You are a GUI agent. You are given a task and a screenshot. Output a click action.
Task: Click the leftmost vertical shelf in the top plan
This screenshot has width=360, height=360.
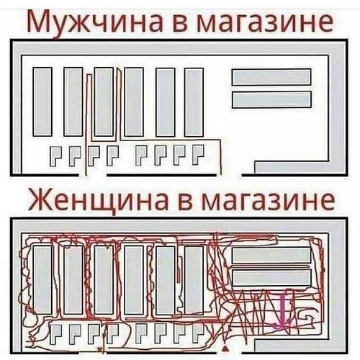tap(42, 102)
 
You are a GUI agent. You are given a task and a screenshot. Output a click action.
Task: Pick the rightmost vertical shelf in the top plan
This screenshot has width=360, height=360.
tap(194, 102)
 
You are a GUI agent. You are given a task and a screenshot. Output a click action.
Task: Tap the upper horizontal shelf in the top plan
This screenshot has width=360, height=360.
tap(271, 77)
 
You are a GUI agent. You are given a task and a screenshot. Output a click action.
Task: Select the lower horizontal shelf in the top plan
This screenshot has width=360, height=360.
tap(271, 99)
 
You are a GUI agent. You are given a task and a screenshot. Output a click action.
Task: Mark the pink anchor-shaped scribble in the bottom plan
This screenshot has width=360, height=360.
tap(282, 312)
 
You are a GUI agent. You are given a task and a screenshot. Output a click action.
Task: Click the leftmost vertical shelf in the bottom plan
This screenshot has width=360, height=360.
tap(42, 279)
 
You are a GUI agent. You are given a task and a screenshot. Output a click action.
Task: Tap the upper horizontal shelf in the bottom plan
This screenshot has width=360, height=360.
tap(271, 255)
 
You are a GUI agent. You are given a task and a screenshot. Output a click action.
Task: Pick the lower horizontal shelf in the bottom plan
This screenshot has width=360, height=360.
tap(271, 278)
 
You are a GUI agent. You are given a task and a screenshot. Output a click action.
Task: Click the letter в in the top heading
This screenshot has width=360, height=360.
tap(181, 24)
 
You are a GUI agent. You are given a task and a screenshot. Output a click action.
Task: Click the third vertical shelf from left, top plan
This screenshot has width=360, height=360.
tap(104, 102)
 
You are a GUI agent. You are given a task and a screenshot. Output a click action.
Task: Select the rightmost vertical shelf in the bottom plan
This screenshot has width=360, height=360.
tap(194, 280)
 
